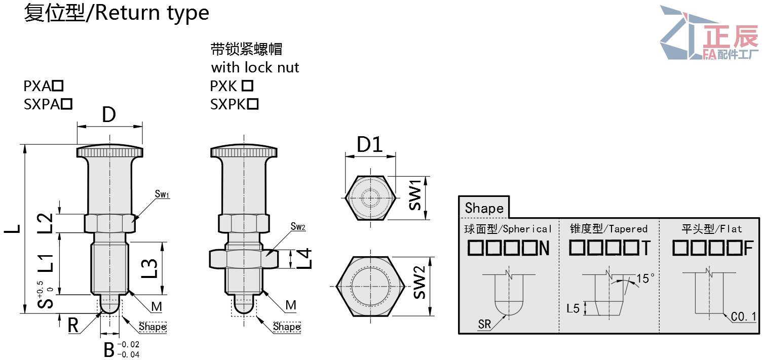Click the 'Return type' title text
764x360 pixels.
152,14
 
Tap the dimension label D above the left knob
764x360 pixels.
109,115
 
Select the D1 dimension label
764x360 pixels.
370,144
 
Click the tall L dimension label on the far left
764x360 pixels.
12,229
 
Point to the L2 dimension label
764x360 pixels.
46,223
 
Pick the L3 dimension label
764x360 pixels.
149,268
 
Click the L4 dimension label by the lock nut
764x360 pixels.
303,259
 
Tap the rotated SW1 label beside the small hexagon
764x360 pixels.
415,195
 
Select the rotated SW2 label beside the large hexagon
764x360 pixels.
419,283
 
